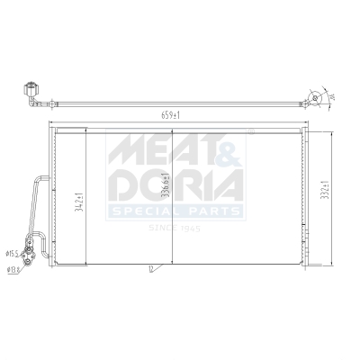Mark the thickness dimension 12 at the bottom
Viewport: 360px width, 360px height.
coord(150,267)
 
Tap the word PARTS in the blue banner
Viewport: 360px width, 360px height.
coord(213,211)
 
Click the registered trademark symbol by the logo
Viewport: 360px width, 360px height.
coord(249,131)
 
